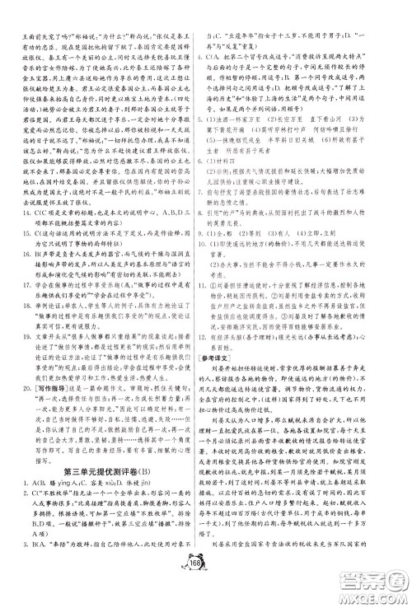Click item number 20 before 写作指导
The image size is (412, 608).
coord(17,358)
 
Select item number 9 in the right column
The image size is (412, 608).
coord(215,237)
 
